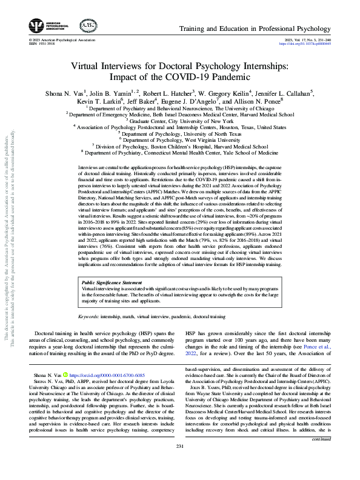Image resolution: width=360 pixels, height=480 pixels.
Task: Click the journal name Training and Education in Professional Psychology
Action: [265, 29]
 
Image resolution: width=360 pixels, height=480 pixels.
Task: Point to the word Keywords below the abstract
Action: [90, 317]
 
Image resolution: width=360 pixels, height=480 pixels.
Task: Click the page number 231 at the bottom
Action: [180, 464]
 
